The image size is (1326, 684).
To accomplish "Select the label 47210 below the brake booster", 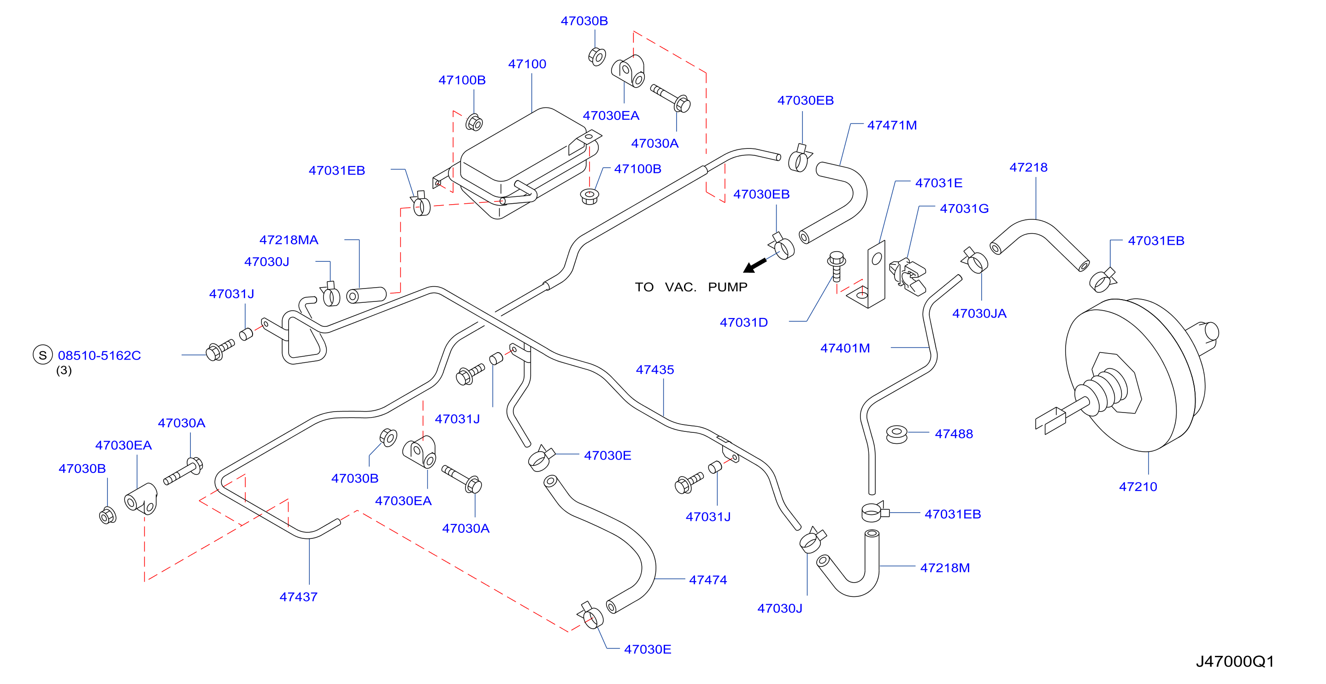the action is (x=1137, y=486).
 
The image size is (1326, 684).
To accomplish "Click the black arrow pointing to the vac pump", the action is (x=754, y=265).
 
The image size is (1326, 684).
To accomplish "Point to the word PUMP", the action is (x=727, y=287).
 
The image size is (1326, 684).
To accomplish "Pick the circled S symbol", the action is (x=43, y=354).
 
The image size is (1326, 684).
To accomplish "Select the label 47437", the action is (x=298, y=596).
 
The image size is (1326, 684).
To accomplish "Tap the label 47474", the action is (x=708, y=579).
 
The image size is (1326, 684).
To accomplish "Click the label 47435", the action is (x=655, y=370).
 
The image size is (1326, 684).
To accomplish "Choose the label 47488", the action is (x=954, y=434).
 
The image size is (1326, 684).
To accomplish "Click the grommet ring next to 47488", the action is (x=897, y=434).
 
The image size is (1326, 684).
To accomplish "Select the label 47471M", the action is (x=892, y=125).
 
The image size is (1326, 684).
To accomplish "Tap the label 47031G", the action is (x=964, y=208).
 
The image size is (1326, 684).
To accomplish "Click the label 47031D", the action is (x=744, y=322).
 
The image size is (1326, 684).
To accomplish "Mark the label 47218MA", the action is (x=289, y=240).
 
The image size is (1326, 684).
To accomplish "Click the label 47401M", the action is (x=845, y=348).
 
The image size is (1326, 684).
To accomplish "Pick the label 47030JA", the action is (x=979, y=313).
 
